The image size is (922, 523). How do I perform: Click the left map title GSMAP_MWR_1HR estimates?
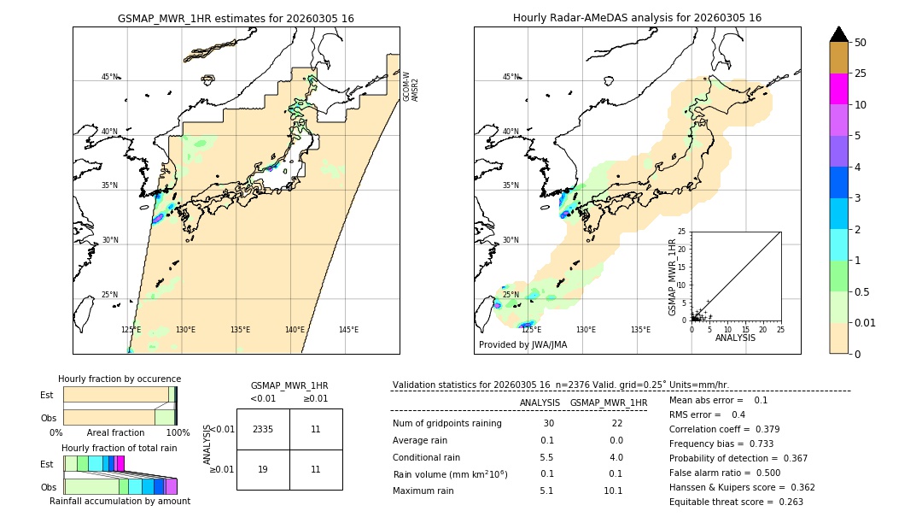click(x=236, y=18)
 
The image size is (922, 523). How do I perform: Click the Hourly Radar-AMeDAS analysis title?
click(x=637, y=18)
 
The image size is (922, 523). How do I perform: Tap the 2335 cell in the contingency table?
click(x=263, y=429)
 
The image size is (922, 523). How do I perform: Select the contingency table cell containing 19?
click(x=263, y=469)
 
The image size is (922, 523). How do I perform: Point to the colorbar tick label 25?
click(x=861, y=73)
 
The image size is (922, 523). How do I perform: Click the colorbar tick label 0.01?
click(x=866, y=322)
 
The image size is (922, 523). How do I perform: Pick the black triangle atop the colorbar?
click(x=839, y=34)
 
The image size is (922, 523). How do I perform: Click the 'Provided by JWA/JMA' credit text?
click(x=522, y=344)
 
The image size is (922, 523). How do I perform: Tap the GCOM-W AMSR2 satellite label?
click(x=411, y=86)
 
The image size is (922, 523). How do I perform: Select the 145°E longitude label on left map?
click(x=348, y=330)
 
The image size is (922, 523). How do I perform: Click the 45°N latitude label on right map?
click(x=511, y=77)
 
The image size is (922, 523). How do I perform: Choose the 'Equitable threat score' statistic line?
click(x=736, y=502)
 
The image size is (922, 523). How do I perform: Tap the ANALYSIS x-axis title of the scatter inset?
click(x=735, y=338)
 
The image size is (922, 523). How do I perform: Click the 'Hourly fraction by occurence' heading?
click(x=120, y=379)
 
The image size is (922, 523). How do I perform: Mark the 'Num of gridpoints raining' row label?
click(x=447, y=424)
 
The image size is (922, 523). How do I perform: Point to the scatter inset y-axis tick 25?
click(x=682, y=232)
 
